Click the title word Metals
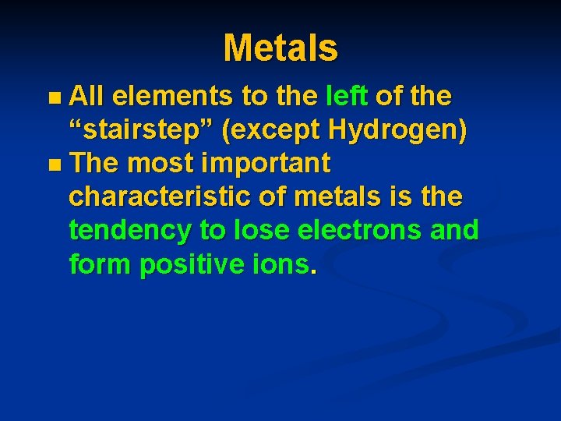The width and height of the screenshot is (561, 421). point(280,48)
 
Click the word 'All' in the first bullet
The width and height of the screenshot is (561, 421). point(90,97)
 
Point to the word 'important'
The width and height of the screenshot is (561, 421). point(265,164)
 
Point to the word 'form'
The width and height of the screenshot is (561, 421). point(101,264)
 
